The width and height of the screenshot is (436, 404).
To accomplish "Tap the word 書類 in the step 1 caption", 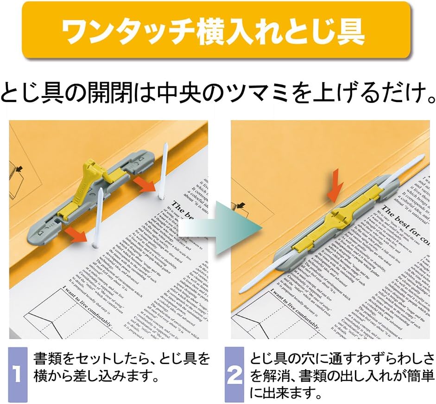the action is click(x=49, y=359).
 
